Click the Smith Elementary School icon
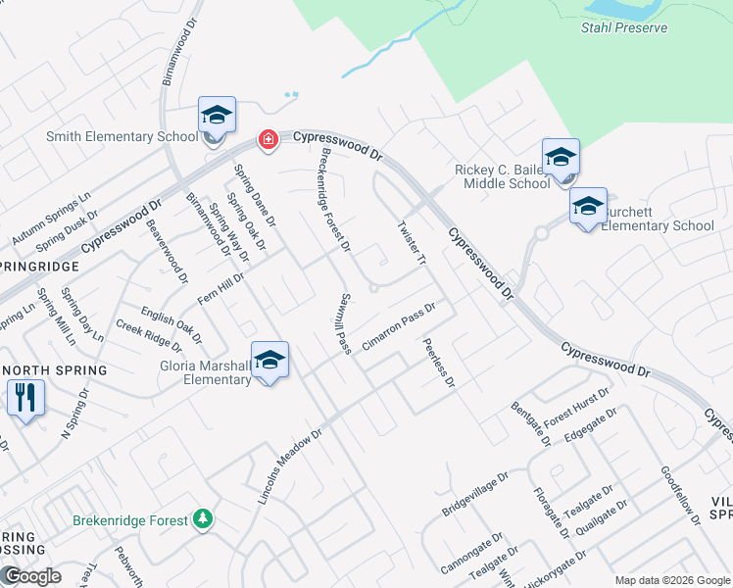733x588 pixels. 217,116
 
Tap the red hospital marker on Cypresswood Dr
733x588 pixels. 267,141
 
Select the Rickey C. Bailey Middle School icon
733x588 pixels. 561,158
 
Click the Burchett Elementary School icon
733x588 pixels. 588,207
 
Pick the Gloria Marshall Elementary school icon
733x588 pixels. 269,361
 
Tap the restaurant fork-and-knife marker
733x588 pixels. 24,398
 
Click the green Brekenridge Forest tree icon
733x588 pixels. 203,517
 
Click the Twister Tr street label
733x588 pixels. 412,242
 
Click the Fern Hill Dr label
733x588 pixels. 220,287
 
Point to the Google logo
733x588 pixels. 31,576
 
